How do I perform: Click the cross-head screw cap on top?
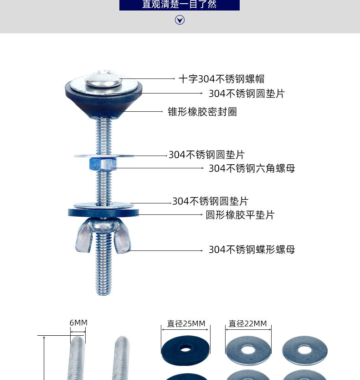[103, 78]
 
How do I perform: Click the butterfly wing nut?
[103, 235]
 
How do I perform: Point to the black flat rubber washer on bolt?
[104, 213]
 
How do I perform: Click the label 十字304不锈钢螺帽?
[221, 79]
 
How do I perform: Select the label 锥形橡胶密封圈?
[202, 112]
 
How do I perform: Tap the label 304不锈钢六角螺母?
[252, 168]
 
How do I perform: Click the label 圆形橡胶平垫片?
[240, 215]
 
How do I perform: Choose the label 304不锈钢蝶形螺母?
[252, 250]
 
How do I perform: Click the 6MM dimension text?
[78, 323]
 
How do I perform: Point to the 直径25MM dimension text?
[186, 324]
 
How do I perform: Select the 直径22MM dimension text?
[247, 324]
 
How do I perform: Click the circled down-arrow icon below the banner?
[180, 20]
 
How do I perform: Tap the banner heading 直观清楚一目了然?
[179, 5]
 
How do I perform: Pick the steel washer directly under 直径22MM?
[248, 350]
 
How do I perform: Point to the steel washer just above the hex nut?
[104, 156]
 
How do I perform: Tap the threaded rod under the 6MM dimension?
[77, 360]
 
